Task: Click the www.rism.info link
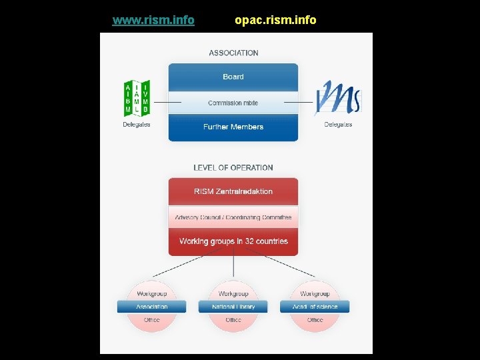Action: coord(153,20)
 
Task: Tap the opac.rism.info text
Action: coord(275,20)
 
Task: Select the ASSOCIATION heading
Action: coord(233,53)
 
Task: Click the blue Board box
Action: coord(233,77)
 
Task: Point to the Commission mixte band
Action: coord(233,103)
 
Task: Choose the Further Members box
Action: coord(233,127)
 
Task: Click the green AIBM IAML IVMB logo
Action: coord(137,98)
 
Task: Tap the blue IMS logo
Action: coord(338,98)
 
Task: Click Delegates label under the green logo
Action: coord(137,124)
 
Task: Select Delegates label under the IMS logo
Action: coord(338,124)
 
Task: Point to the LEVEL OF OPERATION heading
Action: coord(233,167)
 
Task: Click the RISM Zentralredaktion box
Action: coord(233,191)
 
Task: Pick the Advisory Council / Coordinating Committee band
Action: coord(233,217)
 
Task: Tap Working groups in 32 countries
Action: coord(233,241)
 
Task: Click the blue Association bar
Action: coord(152,307)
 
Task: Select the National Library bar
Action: coord(233,307)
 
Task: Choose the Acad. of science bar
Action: coord(315,307)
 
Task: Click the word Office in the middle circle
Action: coord(233,320)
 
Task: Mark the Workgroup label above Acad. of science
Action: coord(315,293)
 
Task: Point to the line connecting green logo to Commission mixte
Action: coord(167,102)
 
